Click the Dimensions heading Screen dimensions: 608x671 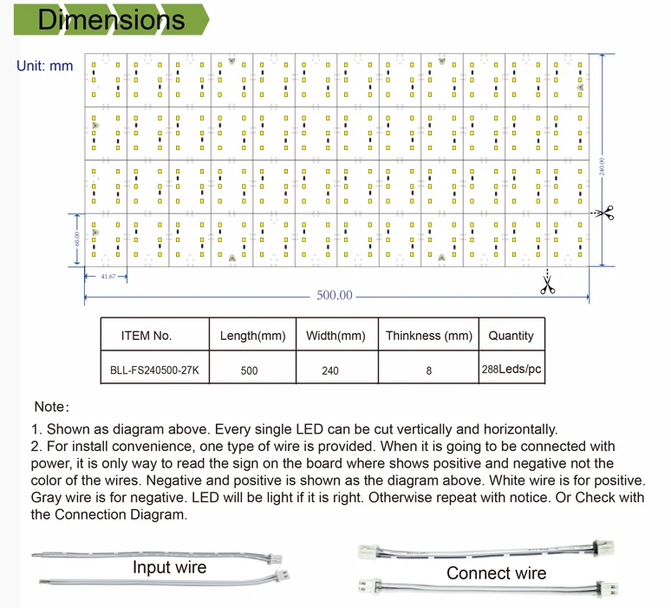click(112, 20)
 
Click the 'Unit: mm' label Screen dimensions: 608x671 click(45, 66)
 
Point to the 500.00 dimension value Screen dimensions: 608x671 click(335, 295)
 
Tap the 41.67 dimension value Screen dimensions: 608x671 click(108, 276)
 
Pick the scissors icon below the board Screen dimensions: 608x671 click(547, 283)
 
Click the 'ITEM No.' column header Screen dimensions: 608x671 click(147, 336)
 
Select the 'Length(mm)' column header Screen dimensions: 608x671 click(252, 336)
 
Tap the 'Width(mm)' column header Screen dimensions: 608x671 click(335, 336)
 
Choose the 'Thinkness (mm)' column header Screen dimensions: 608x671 click(428, 336)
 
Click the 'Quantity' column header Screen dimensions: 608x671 click(511, 336)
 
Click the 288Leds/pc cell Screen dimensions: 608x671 click(511, 369)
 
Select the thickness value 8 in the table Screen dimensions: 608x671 click(428, 370)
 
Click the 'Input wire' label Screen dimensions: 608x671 click(169, 568)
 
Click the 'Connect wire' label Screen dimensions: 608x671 click(496, 573)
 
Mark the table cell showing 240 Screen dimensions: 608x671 click(330, 370)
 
